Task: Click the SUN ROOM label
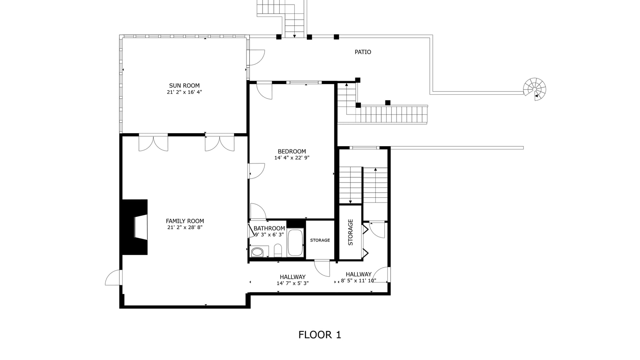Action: tap(184, 85)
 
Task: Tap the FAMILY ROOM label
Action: tap(185, 221)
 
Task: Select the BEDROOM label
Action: tap(292, 151)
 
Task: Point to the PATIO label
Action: tap(363, 52)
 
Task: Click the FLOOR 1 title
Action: tap(320, 335)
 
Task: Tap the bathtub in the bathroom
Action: tap(295, 242)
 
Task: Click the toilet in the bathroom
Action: tap(278, 251)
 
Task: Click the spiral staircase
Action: tap(535, 89)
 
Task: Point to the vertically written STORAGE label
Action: tap(350, 232)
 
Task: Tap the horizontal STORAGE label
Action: tap(320, 240)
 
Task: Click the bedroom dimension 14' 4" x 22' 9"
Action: tap(292, 158)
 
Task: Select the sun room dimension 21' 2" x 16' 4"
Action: tap(184, 92)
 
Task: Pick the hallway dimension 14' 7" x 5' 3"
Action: tap(292, 283)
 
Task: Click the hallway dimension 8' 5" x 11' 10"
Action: tap(358, 281)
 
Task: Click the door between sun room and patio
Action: tap(256, 57)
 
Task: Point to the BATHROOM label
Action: tap(269, 228)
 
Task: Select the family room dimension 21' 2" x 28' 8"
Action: tap(185, 228)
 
